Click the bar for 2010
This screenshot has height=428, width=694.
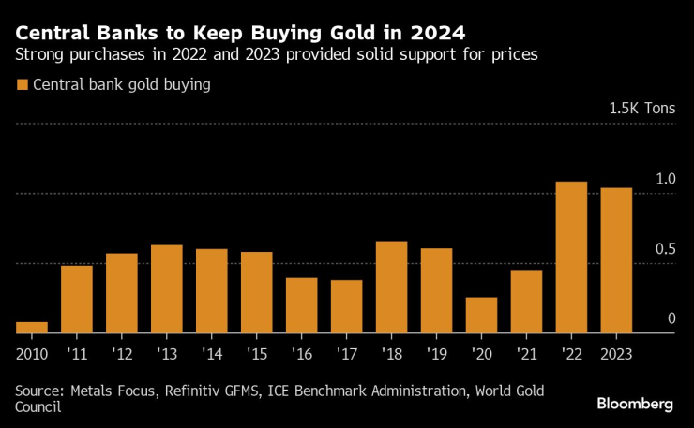[32, 327]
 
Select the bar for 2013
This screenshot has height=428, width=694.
[167, 288]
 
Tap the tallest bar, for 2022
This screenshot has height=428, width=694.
[571, 257]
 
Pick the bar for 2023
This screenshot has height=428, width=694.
[616, 260]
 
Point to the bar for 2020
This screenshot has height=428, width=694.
[481, 315]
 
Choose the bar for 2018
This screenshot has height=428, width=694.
[391, 287]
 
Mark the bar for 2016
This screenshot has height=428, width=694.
[301, 304]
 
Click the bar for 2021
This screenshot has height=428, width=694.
[526, 301]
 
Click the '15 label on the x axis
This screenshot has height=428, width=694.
[256, 354]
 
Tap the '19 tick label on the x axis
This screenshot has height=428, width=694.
[436, 354]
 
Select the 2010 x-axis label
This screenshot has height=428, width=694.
[32, 354]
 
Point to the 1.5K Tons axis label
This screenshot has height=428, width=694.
[641, 108]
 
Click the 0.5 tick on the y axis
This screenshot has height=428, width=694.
[664, 249]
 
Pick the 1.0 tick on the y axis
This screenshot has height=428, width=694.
[664, 179]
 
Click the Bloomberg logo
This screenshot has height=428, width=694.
[635, 404]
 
